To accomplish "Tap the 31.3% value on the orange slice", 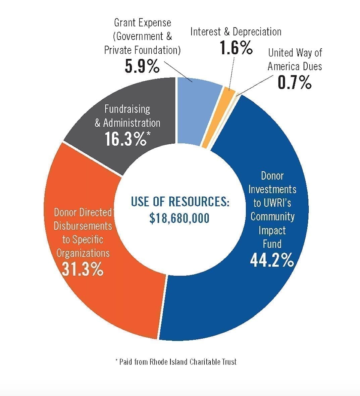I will click(83, 269).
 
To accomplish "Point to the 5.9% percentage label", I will click(142, 66).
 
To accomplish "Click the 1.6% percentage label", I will click(236, 48).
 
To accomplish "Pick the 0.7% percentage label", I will click(294, 82).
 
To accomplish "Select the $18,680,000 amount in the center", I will click(179, 218).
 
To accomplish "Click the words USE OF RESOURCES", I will click(180, 202).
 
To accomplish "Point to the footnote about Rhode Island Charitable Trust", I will click(176, 361).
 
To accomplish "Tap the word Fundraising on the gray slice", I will click(127, 109).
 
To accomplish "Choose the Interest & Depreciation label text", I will click(236, 32).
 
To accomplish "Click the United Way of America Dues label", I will click(295, 59).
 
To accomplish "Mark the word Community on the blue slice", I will click(272, 216).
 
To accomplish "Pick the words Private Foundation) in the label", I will click(142, 50).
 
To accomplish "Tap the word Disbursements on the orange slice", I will click(83, 226).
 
